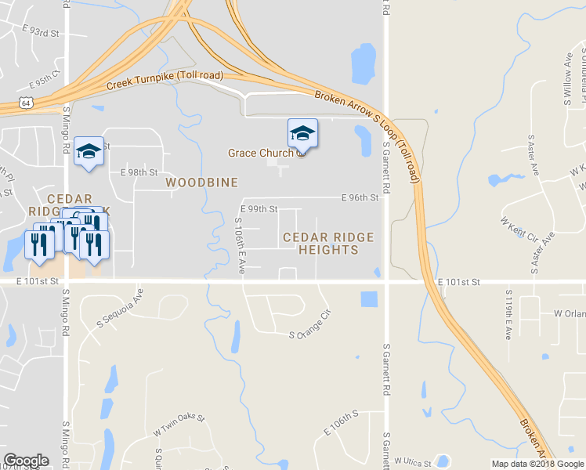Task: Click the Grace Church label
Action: click(x=259, y=153)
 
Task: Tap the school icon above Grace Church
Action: click(x=302, y=132)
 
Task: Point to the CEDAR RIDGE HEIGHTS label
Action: click(x=328, y=243)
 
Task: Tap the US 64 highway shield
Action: click(x=27, y=102)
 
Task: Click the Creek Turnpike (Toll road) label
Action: click(x=165, y=80)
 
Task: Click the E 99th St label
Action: click(x=260, y=209)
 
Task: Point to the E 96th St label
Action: click(x=360, y=198)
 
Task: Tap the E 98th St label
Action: click(x=139, y=172)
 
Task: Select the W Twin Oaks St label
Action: click(x=179, y=423)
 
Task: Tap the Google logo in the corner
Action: click(x=26, y=461)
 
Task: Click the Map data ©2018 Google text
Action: click(x=537, y=464)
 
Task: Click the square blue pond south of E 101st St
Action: click(x=368, y=299)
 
